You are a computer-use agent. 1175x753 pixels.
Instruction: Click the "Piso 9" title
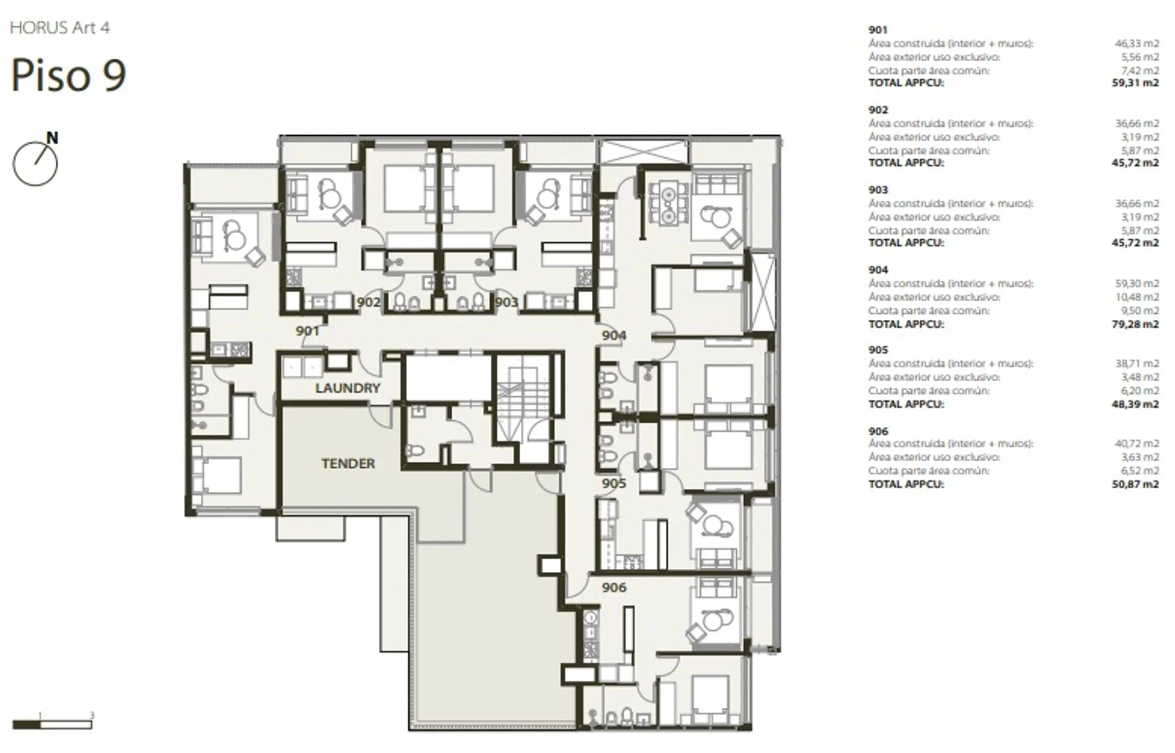tap(69, 75)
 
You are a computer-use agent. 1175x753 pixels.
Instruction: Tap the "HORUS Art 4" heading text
tap(60, 28)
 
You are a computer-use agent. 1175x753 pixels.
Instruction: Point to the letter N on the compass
tap(53, 138)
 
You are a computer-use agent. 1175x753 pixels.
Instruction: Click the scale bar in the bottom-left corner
tap(52, 724)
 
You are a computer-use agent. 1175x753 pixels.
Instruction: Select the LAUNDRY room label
tap(348, 388)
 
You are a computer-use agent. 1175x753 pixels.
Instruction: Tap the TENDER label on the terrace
tap(348, 464)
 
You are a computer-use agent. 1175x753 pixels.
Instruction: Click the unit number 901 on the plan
tap(307, 331)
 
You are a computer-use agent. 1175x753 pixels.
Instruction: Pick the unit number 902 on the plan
tap(368, 302)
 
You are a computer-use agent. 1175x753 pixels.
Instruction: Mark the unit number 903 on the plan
tap(506, 302)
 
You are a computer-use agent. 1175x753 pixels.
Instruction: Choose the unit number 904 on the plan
tap(614, 335)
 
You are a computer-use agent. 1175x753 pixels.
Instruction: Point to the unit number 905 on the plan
tap(614, 483)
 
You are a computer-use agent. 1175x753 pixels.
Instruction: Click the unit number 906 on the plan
tap(614, 588)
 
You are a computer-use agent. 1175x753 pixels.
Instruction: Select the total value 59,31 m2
tap(1135, 83)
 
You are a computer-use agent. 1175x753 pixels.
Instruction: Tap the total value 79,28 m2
tap(1135, 324)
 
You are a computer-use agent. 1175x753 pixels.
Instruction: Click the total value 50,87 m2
tap(1135, 484)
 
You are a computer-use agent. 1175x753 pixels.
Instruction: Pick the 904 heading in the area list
tap(878, 270)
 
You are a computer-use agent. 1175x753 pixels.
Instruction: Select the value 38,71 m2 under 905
tap(1137, 363)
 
